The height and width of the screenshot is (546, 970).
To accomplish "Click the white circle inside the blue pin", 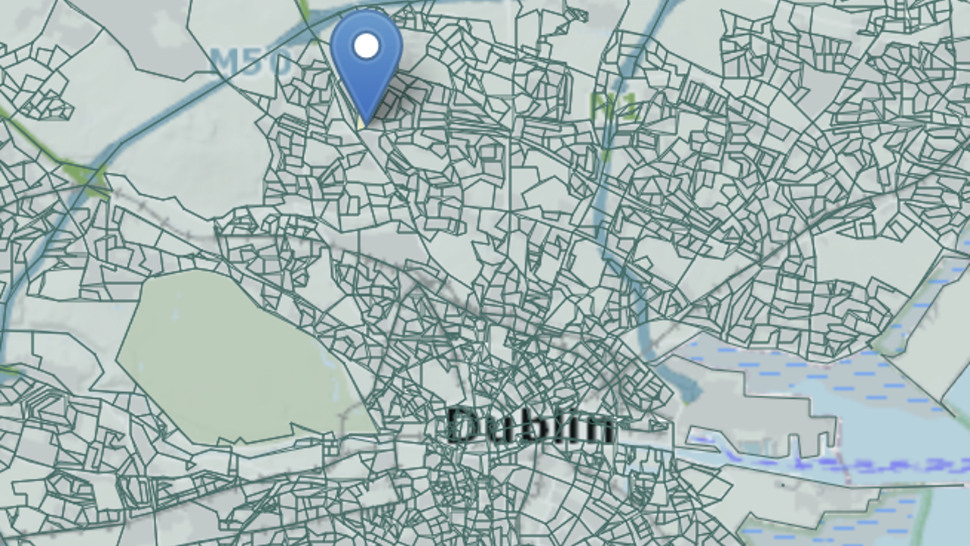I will click(366, 45).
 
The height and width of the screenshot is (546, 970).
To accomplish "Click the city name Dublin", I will click(530, 425).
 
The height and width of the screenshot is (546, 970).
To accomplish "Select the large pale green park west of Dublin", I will click(227, 356).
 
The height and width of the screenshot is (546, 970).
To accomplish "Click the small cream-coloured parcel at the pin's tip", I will click(361, 121).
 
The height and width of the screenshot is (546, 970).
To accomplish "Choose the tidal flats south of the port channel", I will click(834, 516).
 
